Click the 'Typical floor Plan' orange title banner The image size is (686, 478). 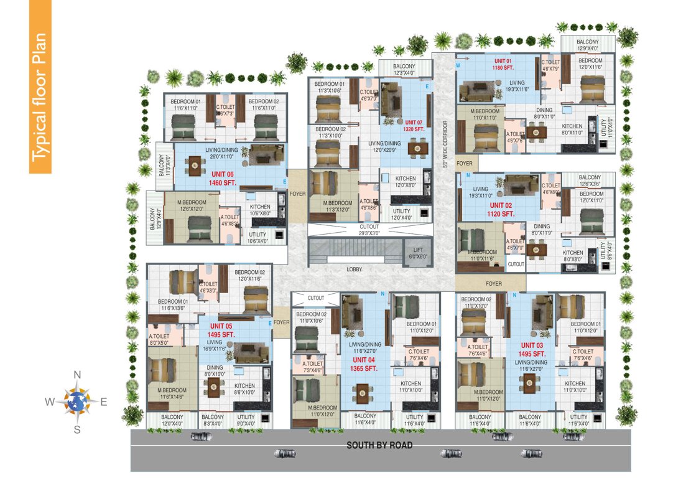coord(40,88)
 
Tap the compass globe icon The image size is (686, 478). coord(77,401)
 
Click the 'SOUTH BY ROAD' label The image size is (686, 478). coord(379,445)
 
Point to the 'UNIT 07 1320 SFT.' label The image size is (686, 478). coord(414,125)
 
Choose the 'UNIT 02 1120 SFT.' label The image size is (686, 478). coord(502,209)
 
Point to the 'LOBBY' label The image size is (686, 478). coord(354,269)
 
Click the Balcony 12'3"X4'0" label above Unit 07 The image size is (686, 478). coord(404,69)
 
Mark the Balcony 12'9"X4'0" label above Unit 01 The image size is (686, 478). coord(587,45)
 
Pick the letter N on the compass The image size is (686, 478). coord(77,375)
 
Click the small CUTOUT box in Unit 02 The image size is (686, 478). coord(516,264)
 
